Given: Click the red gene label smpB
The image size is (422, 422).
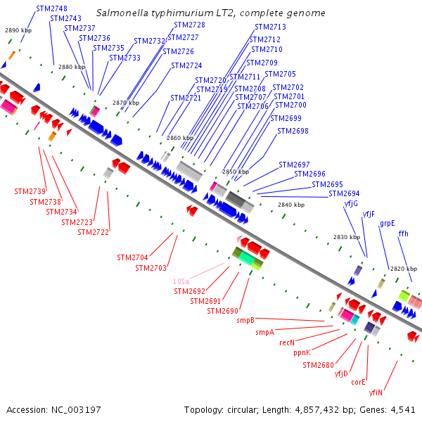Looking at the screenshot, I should coord(245,320).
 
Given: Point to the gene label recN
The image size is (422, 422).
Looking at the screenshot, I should coord(286,343).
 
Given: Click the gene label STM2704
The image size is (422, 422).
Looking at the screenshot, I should coord(132,257).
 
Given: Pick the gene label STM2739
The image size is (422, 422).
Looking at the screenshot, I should coord(30,191).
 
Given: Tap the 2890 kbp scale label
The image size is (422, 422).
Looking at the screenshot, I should coord(18,30).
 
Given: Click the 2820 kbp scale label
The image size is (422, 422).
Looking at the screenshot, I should coord(403,269).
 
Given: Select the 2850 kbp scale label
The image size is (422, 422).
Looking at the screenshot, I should coord(236,172).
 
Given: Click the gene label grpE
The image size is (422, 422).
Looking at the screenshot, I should coord(388,223).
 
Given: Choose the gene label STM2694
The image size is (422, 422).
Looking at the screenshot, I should coord(344,193).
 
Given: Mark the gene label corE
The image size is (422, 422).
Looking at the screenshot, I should coord(359,383).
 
